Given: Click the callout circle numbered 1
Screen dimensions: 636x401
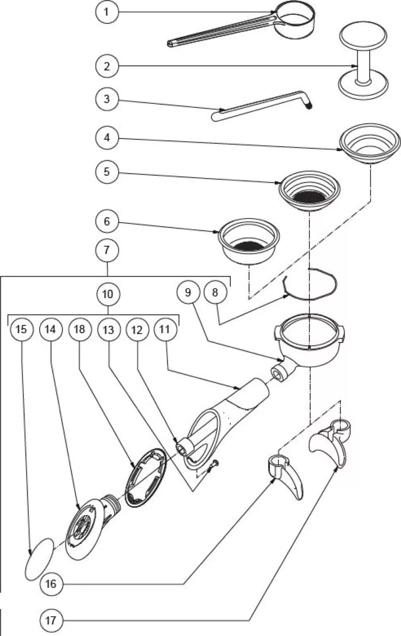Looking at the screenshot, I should click(106, 12).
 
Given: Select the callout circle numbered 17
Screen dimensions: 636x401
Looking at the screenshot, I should click(51, 620).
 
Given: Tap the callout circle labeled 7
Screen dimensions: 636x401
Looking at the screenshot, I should click(107, 250).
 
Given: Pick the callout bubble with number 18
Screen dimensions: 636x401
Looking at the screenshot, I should click(79, 329).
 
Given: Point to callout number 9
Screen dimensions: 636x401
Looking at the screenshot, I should click(188, 293).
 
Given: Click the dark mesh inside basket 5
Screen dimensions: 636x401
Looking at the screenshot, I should click(310, 196).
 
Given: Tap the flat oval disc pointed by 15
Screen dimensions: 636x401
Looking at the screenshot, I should click(39, 559).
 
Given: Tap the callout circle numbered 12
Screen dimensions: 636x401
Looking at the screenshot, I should click(137, 329).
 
